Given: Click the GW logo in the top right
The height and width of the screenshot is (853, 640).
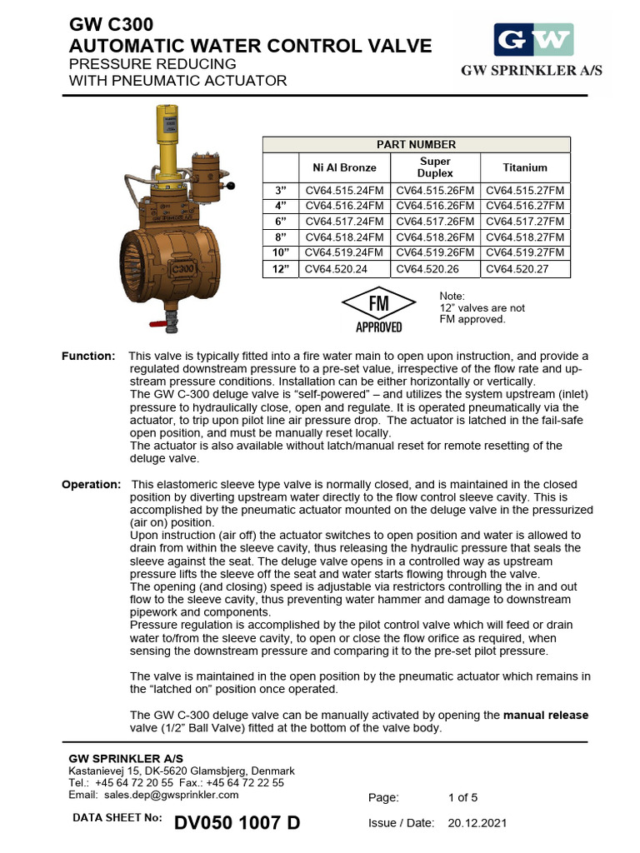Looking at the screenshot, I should pos(532,39).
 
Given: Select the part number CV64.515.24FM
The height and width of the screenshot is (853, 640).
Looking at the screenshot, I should pos(345,190).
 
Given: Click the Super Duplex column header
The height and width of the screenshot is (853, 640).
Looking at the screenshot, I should pos(435,167).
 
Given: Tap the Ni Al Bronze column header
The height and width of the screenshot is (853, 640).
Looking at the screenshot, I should pos(344,167).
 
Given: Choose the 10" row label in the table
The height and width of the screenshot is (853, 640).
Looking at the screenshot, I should pos(281,252).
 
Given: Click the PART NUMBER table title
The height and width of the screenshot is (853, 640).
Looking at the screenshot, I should pos(417,145).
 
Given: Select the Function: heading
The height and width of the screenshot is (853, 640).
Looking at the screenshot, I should pos(88,357).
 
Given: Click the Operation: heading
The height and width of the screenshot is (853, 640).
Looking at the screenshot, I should pos(92,485).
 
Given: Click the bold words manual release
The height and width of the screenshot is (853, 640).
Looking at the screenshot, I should pos(545,716).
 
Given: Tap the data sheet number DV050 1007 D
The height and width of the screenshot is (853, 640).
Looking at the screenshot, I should pos(237,823).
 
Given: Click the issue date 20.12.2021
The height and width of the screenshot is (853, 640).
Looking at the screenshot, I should pos(477,823).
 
